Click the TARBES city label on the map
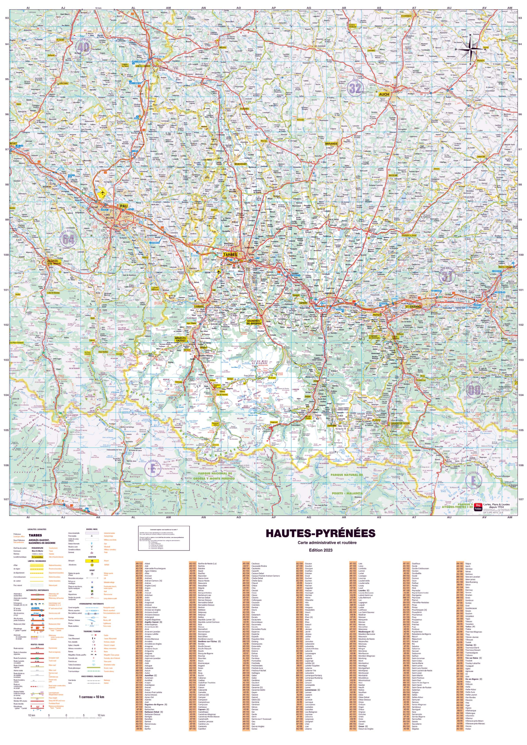230,255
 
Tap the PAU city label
124,206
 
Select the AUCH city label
384,94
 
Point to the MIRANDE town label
331,143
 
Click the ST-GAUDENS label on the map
413,306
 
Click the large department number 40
83,47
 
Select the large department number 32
355,88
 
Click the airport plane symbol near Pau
102,193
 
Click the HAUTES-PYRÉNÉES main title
320,533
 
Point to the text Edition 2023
320,550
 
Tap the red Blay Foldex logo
478,506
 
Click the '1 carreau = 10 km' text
91,697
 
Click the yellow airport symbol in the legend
92,561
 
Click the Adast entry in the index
147,564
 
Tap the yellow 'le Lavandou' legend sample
37,556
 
